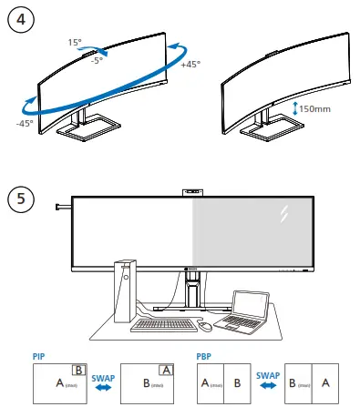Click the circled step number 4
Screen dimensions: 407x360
(x=19, y=18)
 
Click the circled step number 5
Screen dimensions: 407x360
(x=19, y=196)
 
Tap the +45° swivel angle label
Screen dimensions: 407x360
(x=190, y=65)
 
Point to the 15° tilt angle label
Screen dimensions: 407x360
(x=74, y=43)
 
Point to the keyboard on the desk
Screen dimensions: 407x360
(x=163, y=322)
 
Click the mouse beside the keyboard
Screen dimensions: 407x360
(x=206, y=325)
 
